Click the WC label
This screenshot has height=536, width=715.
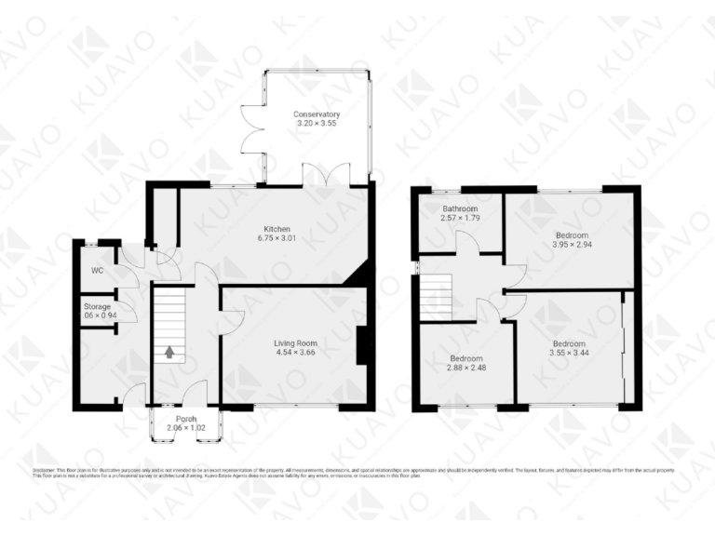(97, 271)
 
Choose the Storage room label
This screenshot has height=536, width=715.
(98, 306)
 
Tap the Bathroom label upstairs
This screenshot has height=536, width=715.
(460, 208)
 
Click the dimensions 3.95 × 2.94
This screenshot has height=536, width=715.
(573, 246)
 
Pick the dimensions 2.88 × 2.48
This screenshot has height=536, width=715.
(466, 368)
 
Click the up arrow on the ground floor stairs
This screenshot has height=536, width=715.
(169, 352)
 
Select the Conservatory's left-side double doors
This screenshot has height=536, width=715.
(252, 130)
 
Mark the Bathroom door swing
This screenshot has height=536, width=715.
(468, 242)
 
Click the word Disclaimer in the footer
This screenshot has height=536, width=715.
(45, 471)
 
